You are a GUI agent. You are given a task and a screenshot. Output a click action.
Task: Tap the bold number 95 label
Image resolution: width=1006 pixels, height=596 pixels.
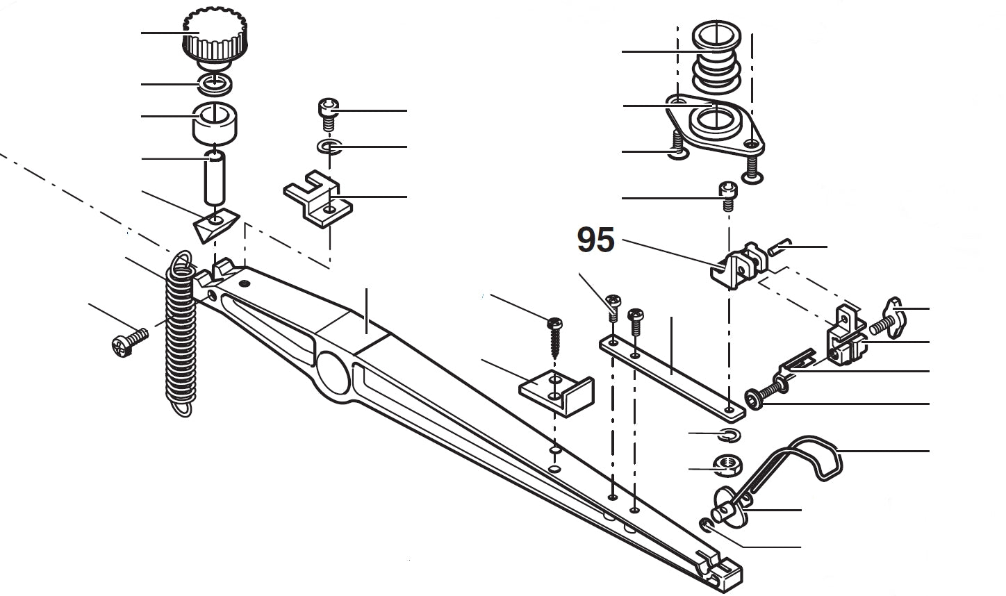[x=595, y=240]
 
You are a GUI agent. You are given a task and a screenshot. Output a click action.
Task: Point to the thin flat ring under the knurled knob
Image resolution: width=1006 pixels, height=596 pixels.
[x=215, y=84]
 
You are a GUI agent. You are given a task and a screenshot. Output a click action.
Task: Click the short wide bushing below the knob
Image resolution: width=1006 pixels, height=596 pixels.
[x=216, y=121]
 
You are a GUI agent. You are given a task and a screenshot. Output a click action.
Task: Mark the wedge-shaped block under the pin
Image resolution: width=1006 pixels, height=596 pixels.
[x=215, y=225]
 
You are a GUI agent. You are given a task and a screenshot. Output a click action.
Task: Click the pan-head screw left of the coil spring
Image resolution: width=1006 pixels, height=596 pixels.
[x=129, y=342]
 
